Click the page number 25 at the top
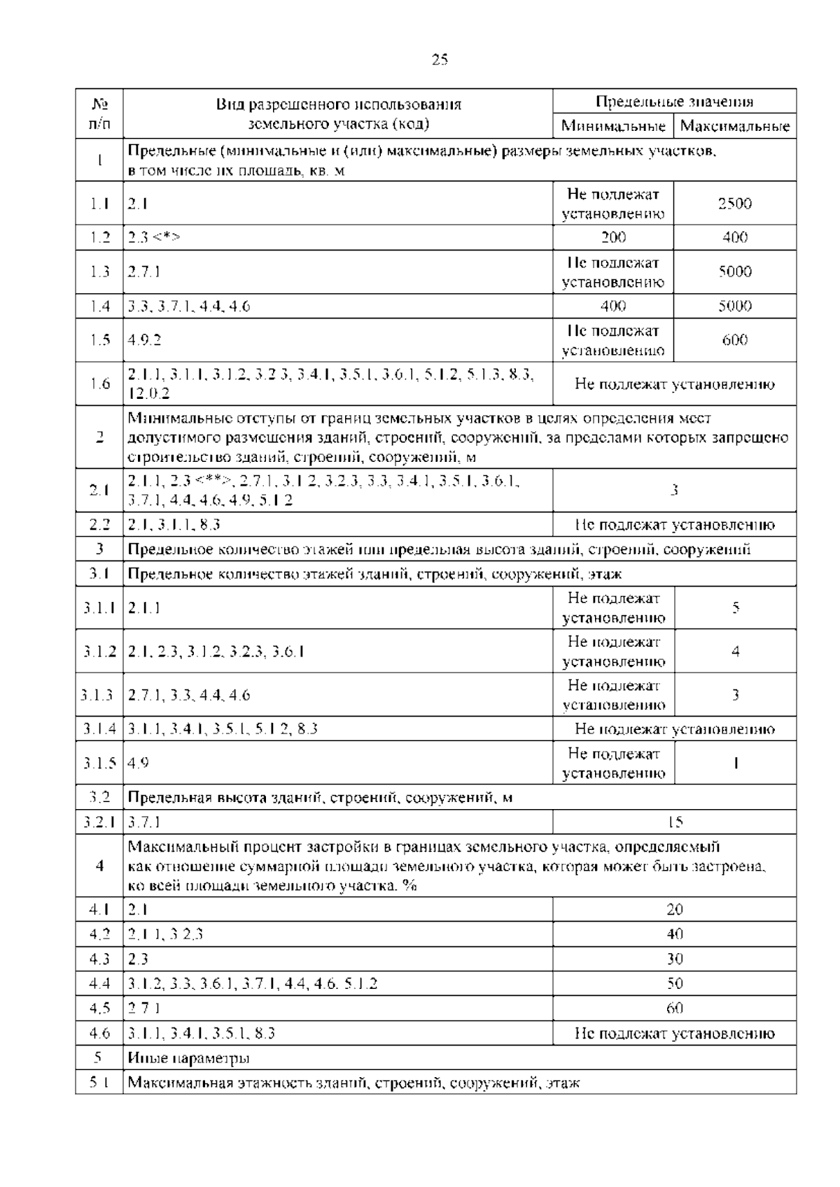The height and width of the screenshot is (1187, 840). coord(440,59)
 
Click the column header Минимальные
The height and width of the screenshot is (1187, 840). coord(613,127)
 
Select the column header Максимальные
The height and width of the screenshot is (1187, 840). coord(735,127)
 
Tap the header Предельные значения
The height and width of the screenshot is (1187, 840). coord(674,101)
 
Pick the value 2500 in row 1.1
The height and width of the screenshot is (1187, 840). coord(735,204)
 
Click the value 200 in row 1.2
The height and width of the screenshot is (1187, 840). coord(613,237)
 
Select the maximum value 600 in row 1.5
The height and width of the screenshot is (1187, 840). coord(735,340)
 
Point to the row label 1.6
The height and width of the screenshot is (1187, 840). coord(100,384)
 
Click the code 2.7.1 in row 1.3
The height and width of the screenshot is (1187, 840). coord(144,272)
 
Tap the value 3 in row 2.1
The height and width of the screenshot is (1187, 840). coord(675,490)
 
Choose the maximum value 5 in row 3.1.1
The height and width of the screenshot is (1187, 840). coord(736,607)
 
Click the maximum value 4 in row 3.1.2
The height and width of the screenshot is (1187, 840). coord(736,652)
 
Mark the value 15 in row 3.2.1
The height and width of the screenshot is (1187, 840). coord(675,822)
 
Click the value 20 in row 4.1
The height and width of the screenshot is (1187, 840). coord(675,909)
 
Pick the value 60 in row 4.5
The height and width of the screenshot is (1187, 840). coord(675,1009)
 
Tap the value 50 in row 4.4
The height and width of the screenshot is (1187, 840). coord(675,984)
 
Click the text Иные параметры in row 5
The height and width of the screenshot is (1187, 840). coord(189,1058)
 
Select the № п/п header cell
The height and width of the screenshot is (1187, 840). coord(100,114)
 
